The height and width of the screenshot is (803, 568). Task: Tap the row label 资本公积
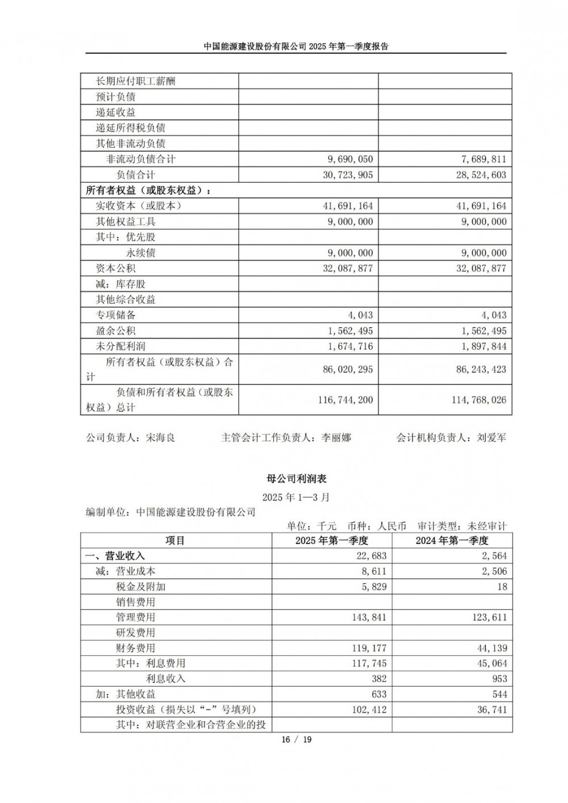pyautogui.click(x=116, y=268)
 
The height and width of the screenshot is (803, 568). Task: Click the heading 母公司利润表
pyautogui.click(x=296, y=478)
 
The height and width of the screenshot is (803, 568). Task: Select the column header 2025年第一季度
pyautogui.click(x=332, y=541)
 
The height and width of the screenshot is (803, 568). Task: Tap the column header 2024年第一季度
pyautogui.click(x=452, y=541)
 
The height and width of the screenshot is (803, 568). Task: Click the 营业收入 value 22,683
pyautogui.click(x=372, y=556)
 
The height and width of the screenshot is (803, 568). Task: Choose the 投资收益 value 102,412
pyautogui.click(x=369, y=709)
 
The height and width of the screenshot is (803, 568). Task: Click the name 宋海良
pyautogui.click(x=161, y=438)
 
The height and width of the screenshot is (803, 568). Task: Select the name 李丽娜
pyautogui.click(x=336, y=438)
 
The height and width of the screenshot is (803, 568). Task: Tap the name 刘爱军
pyautogui.click(x=492, y=438)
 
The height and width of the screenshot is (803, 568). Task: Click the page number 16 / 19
pyautogui.click(x=296, y=739)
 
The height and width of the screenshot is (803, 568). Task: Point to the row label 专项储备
pyautogui.click(x=116, y=315)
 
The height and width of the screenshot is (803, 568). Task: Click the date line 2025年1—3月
pyautogui.click(x=296, y=497)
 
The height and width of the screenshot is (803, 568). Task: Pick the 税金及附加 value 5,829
pyautogui.click(x=374, y=587)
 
